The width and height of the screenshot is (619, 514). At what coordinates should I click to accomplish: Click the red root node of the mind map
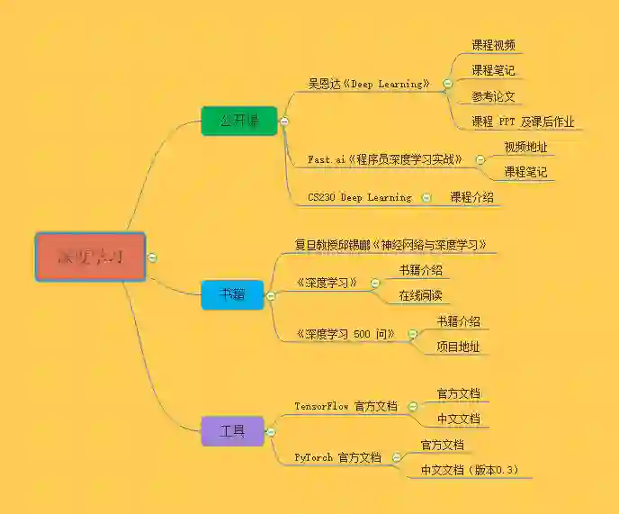(90, 257)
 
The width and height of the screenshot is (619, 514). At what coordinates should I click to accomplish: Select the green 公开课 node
(239, 121)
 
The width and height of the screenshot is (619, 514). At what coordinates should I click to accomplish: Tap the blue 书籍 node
(232, 294)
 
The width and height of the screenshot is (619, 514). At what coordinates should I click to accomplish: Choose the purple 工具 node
(232, 431)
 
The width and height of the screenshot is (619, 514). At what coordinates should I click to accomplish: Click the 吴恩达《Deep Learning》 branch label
(369, 84)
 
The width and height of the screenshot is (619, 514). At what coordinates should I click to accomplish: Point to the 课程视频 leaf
(493, 45)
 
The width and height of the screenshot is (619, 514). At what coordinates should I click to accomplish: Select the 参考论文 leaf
(493, 96)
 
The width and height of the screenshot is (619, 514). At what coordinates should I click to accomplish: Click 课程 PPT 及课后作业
(523, 122)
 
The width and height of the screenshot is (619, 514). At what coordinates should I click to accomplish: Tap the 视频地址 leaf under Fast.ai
(525, 147)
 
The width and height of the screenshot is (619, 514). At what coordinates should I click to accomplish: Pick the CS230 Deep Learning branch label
(359, 197)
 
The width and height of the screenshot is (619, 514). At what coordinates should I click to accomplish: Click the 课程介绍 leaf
(471, 196)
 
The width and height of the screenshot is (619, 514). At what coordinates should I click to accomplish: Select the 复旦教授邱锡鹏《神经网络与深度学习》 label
(391, 244)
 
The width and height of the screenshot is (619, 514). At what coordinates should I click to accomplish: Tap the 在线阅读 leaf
(421, 295)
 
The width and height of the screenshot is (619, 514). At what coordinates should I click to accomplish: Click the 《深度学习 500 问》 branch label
(345, 334)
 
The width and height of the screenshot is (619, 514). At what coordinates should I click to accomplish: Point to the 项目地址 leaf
(458, 347)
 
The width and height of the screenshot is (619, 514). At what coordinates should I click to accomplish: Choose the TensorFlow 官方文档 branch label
(345, 406)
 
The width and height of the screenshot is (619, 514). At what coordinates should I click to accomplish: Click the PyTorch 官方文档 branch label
(337, 457)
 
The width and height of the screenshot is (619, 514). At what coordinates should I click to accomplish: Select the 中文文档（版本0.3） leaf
(470, 470)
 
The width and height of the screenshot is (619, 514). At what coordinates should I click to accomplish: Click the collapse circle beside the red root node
(152, 257)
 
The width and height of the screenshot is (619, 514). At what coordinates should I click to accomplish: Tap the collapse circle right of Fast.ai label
(480, 159)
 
